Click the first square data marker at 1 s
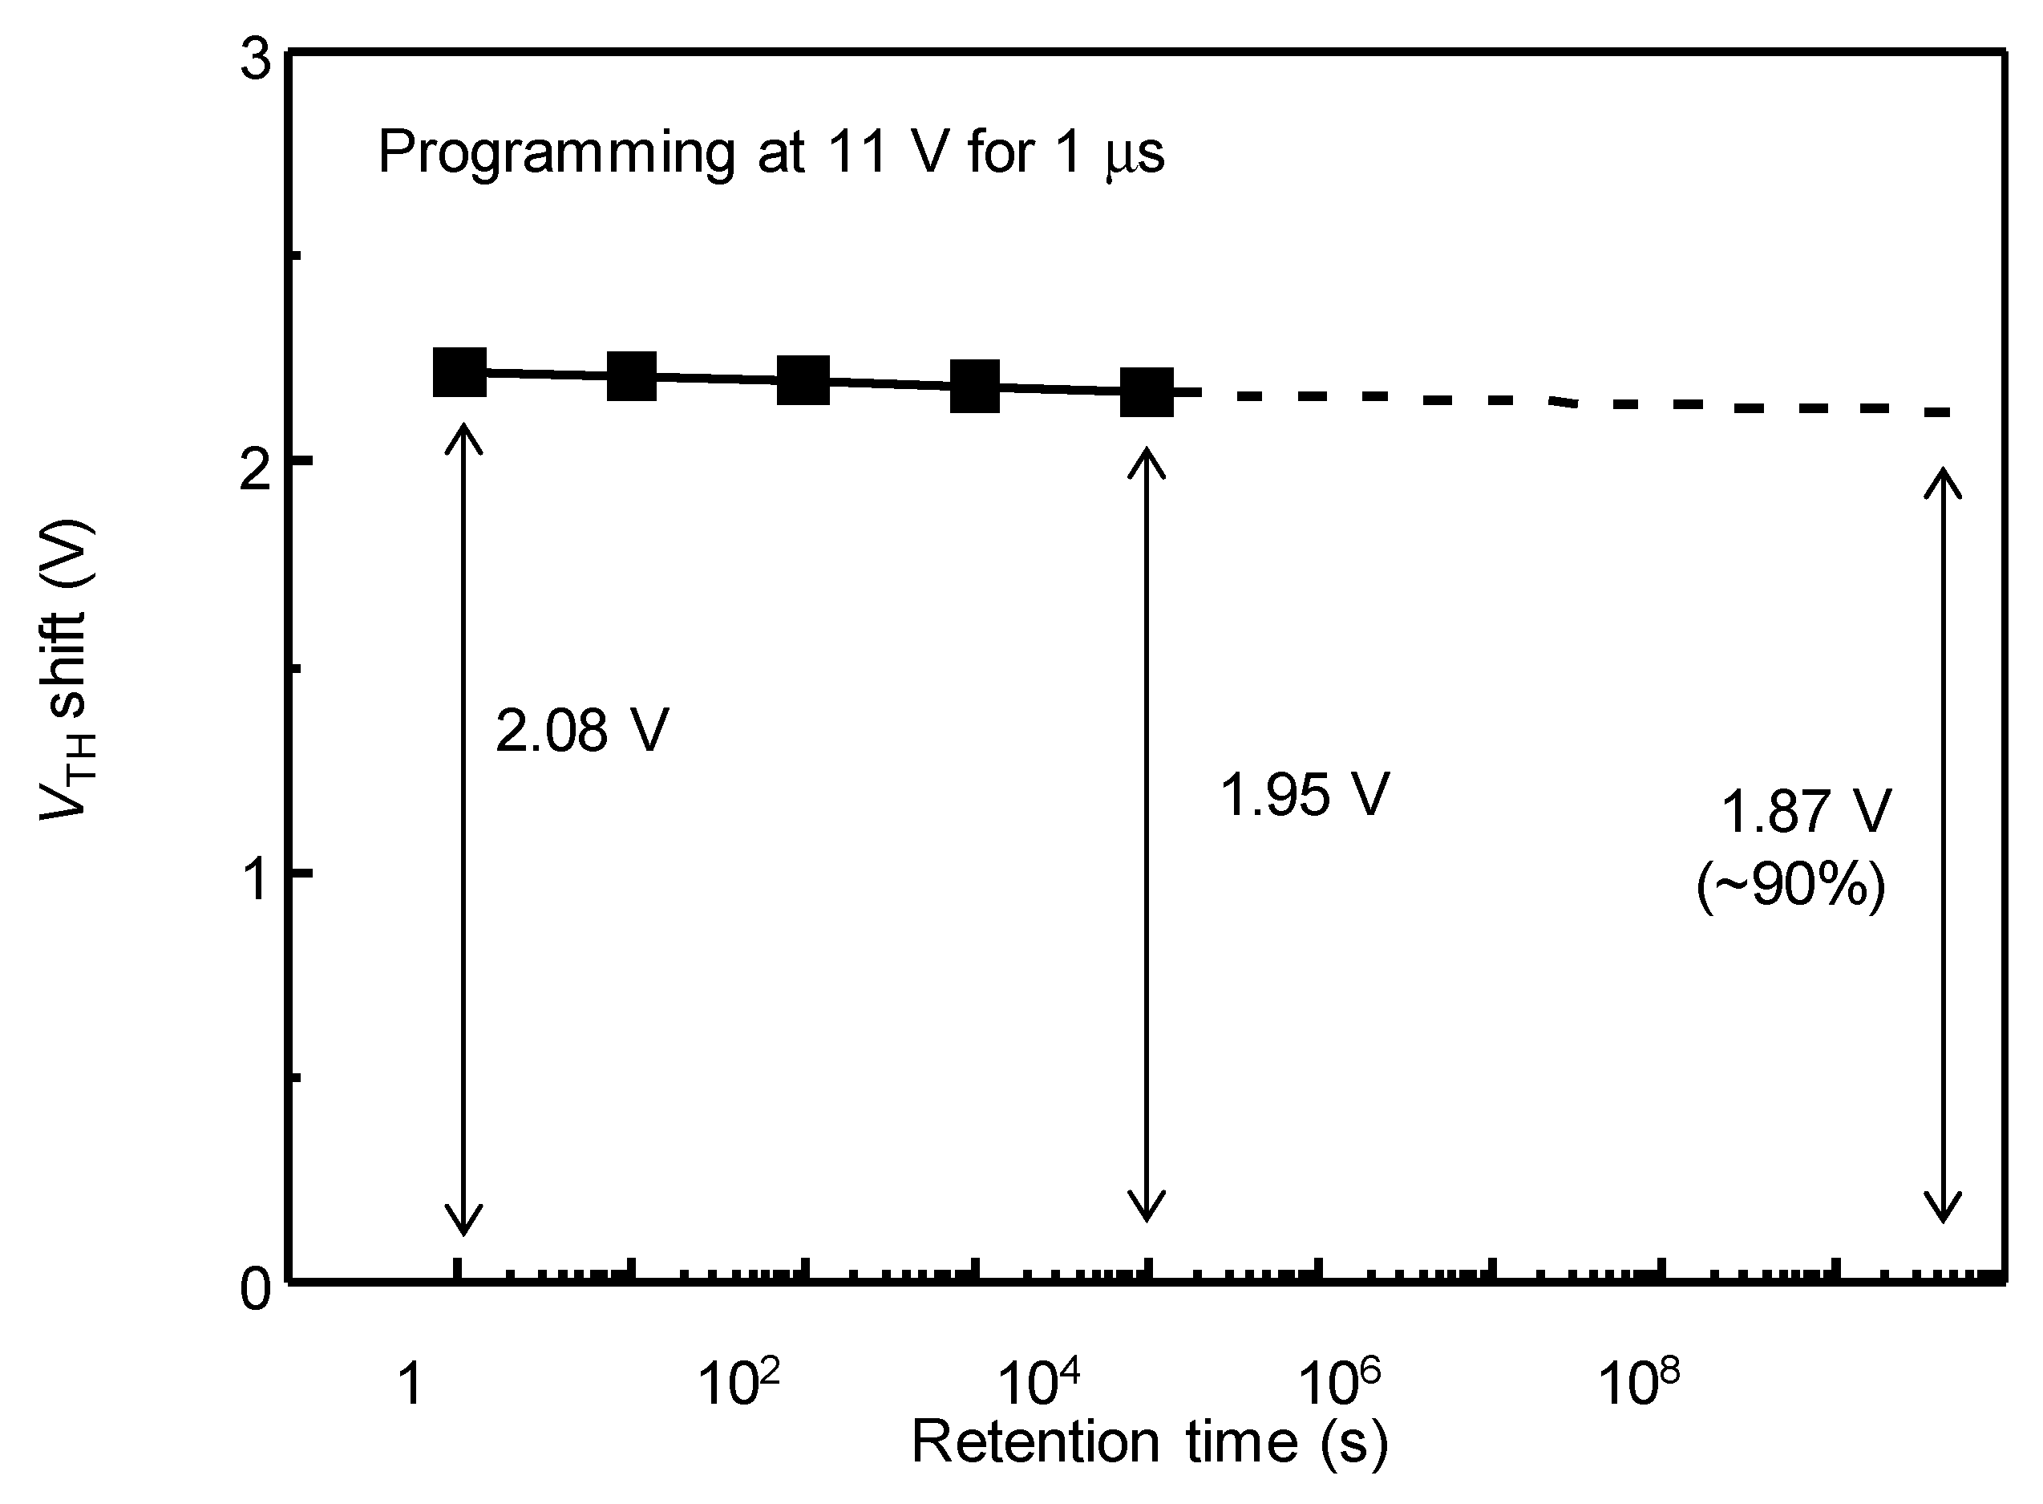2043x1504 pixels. click(459, 371)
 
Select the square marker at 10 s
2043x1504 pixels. click(632, 376)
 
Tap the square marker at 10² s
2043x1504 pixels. click(803, 380)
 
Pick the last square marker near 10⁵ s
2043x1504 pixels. click(1147, 391)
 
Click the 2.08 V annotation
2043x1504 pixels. click(581, 730)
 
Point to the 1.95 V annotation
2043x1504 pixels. click(1303, 794)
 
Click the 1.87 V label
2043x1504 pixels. click(1806, 811)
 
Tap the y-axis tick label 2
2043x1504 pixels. click(257, 472)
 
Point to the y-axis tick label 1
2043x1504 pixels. click(257, 879)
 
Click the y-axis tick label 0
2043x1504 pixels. click(257, 1290)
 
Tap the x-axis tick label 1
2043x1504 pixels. click(411, 1384)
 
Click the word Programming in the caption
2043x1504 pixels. click(555, 152)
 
